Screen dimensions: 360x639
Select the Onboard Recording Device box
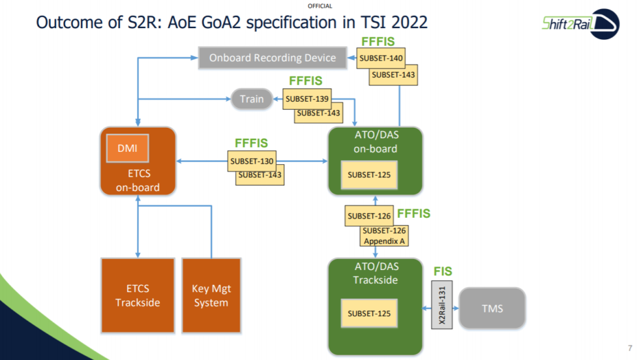coord(273,57)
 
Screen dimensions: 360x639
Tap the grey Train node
coord(252,99)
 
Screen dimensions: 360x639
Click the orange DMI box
coord(128,148)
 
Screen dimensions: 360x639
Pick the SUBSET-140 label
coord(381,59)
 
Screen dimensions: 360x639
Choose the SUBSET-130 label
coord(252,161)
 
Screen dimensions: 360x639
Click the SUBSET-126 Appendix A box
coord(384,235)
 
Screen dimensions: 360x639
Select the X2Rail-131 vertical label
coord(441,305)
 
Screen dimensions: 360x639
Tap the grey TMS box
coord(493,308)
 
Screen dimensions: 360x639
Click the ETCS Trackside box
coord(138,295)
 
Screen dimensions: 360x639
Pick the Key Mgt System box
coord(211,295)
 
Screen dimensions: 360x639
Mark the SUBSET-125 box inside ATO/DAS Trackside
coord(369,314)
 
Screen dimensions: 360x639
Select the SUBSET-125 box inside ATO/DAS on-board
coord(369,175)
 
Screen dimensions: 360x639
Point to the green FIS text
coord(443,271)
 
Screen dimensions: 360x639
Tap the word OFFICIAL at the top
coord(319,6)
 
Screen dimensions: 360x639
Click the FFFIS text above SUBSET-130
coord(251,143)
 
